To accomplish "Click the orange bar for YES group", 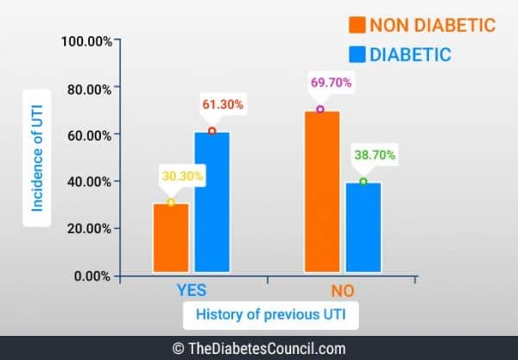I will [x=170, y=238].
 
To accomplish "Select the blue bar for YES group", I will [x=212, y=203].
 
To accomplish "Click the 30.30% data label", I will [x=181, y=176].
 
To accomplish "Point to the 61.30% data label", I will [x=224, y=104].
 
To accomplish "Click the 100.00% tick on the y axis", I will [x=85, y=41].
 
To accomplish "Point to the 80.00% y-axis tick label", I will [x=87, y=88].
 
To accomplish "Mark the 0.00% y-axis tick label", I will [x=91, y=276].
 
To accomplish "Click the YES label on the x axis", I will [x=191, y=290].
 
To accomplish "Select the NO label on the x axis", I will [x=342, y=290].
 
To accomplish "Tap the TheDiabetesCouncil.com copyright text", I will [x=259, y=349].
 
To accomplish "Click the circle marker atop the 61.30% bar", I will [x=212, y=131].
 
